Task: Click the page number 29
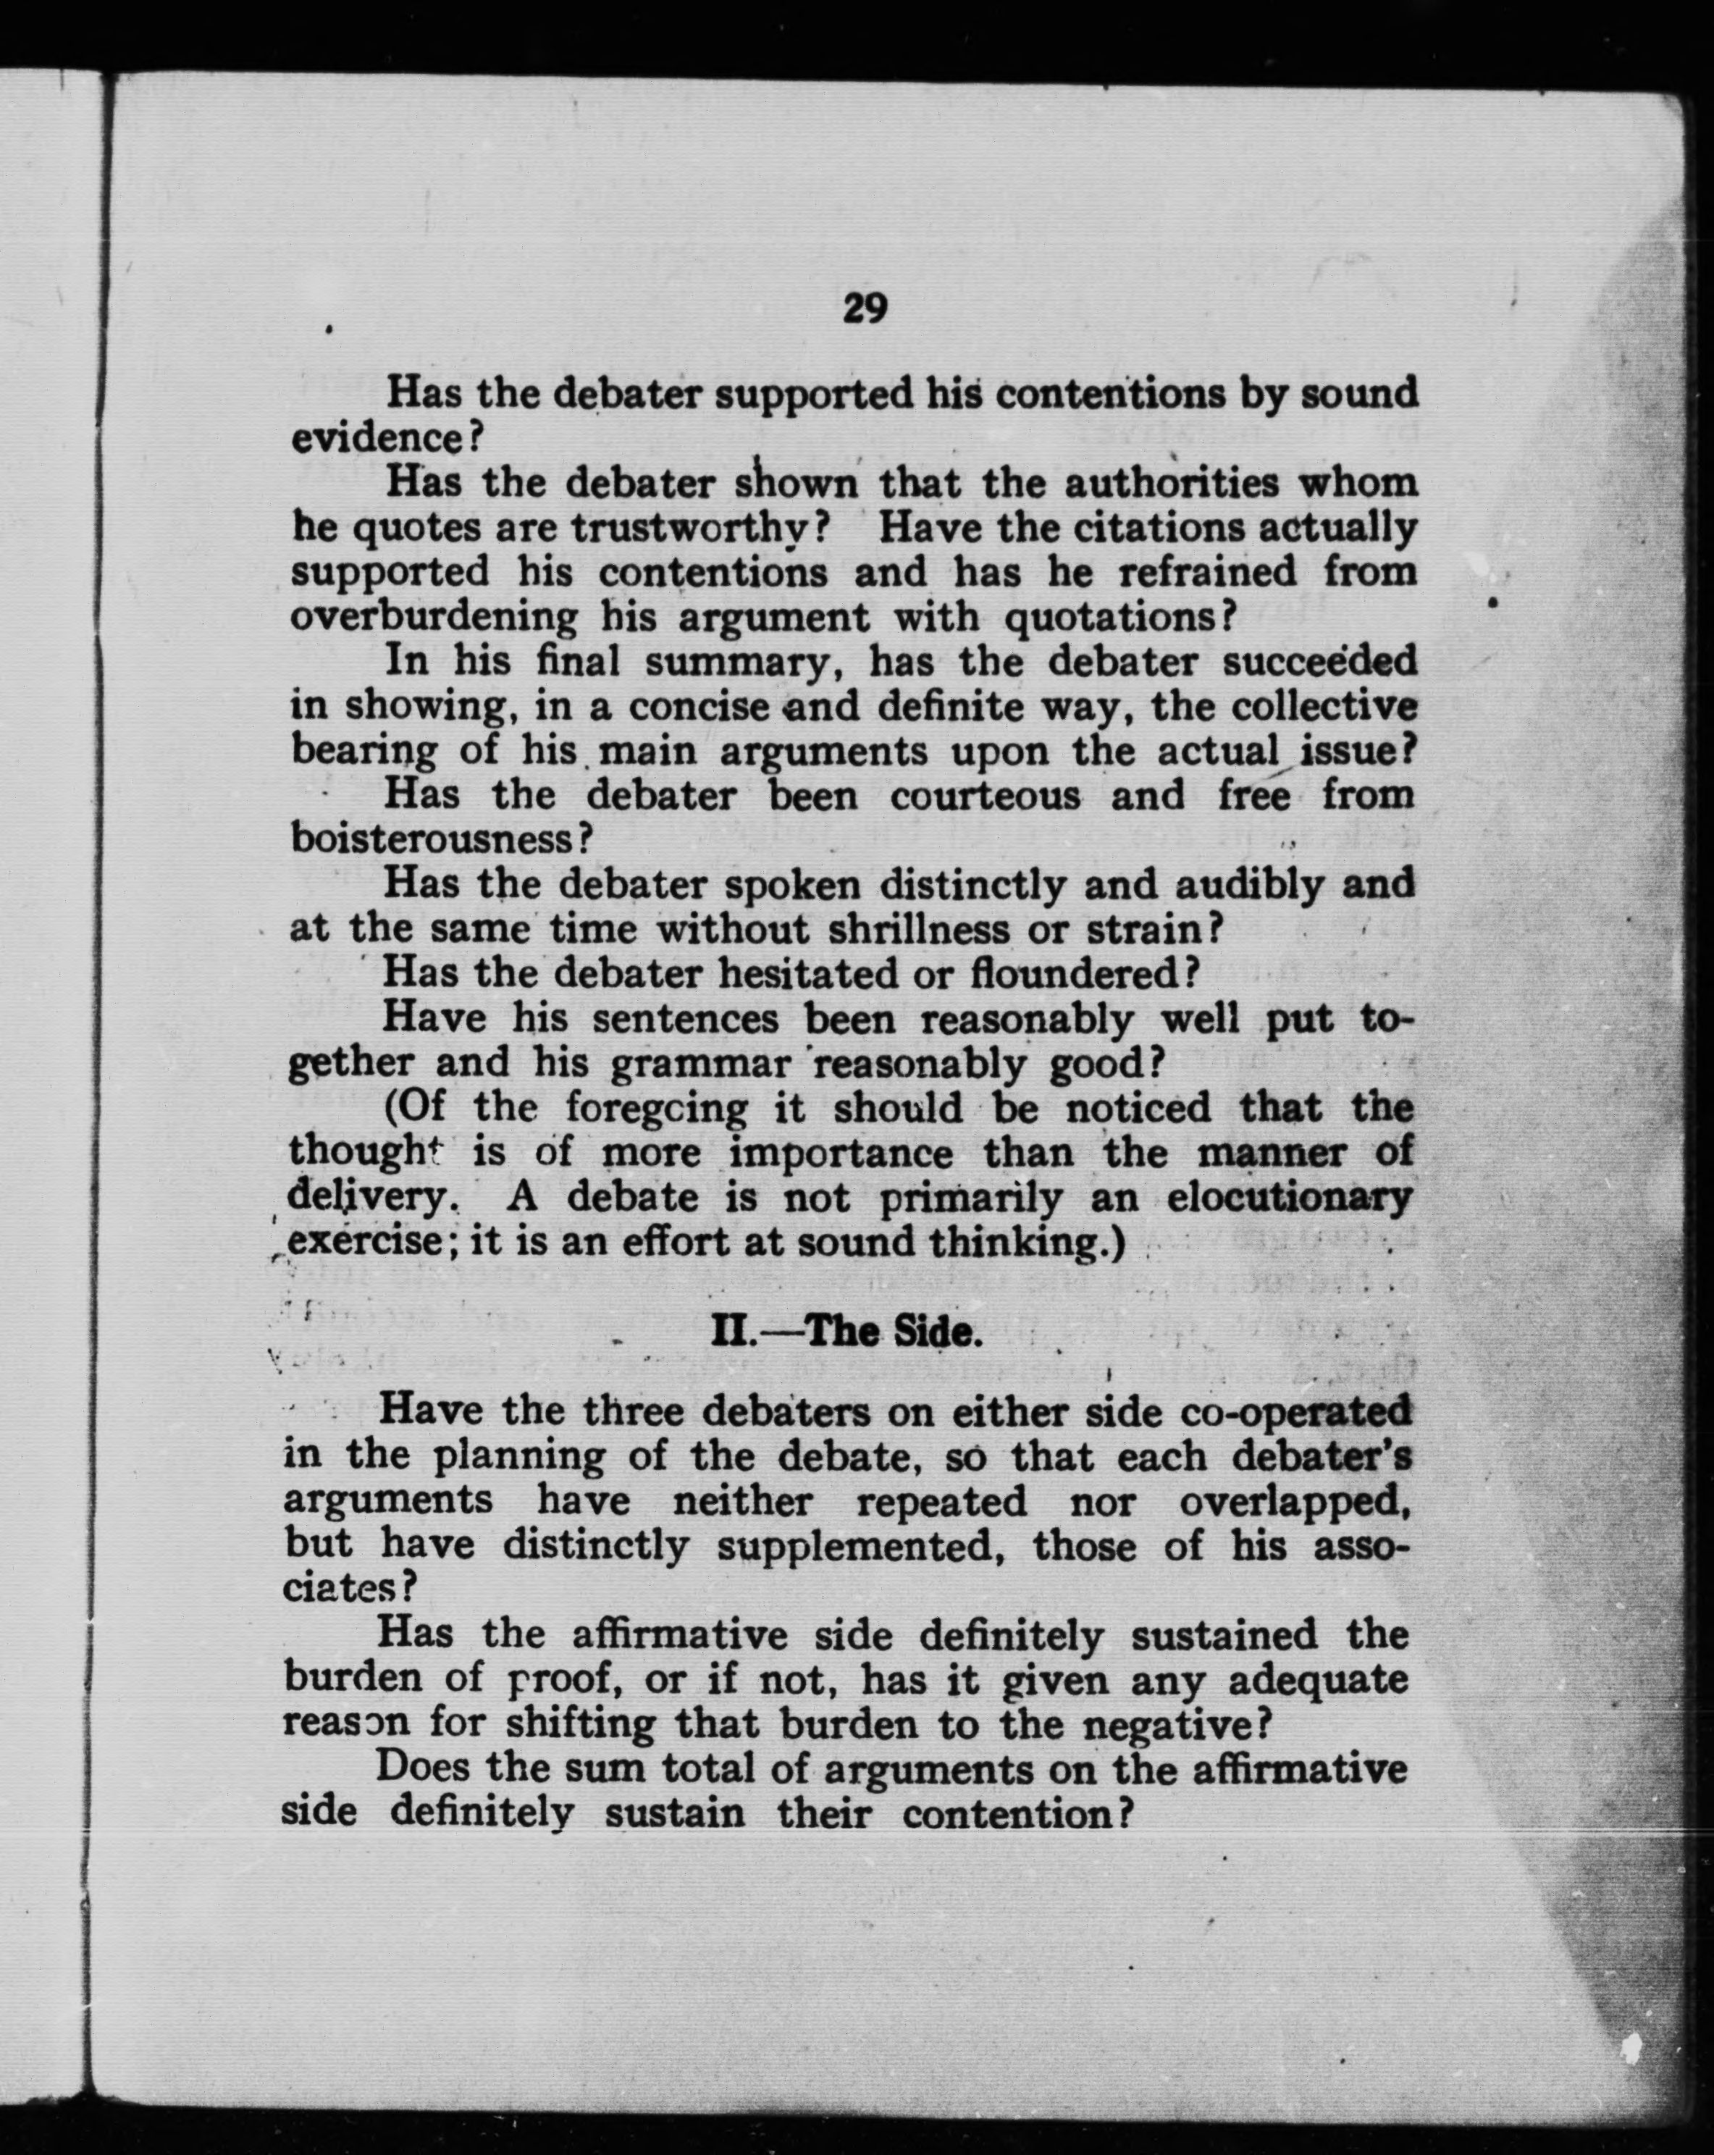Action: [865, 307]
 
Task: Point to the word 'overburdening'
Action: [434, 617]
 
